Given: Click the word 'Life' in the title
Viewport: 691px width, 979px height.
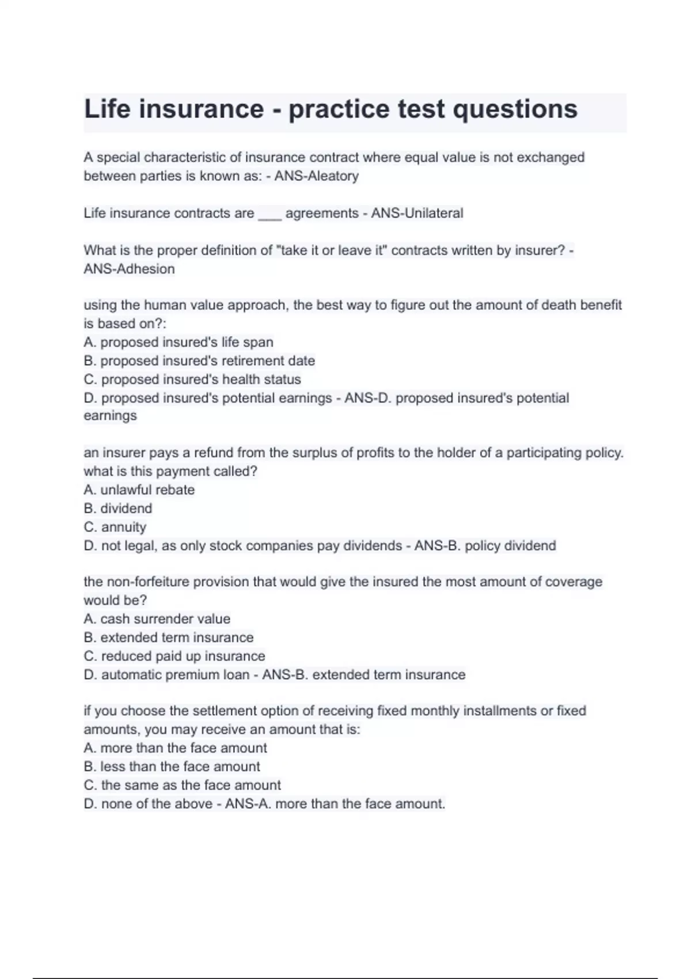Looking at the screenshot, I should pyautogui.click(x=107, y=109).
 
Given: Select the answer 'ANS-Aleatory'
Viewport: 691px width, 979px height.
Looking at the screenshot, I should pyautogui.click(x=316, y=176).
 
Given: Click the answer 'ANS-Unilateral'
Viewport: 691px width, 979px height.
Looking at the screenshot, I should pyautogui.click(x=417, y=213).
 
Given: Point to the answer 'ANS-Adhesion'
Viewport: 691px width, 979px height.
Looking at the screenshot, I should pyautogui.click(x=129, y=269).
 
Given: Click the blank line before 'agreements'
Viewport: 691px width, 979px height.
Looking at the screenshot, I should pyautogui.click(x=269, y=214).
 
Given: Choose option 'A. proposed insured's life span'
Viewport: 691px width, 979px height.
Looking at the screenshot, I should pyautogui.click(x=179, y=342).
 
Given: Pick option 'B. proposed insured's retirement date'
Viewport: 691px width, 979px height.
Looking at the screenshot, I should pyautogui.click(x=199, y=361).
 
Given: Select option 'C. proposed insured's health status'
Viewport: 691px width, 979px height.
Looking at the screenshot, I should pyautogui.click(x=192, y=380).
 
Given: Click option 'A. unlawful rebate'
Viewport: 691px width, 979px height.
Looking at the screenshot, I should pyautogui.click(x=139, y=490).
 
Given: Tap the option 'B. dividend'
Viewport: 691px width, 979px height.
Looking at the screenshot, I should pyautogui.click(x=118, y=509).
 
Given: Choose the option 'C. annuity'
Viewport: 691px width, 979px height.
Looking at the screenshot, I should pyautogui.click(x=115, y=527).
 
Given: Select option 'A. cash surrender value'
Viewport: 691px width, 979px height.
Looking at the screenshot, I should pyautogui.click(x=157, y=618).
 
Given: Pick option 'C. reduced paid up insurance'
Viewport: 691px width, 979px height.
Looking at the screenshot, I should pyautogui.click(x=174, y=656).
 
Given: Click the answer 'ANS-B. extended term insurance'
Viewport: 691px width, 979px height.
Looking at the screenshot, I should pyautogui.click(x=364, y=674).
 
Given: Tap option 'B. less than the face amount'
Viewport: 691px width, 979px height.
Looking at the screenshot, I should pyautogui.click(x=172, y=766).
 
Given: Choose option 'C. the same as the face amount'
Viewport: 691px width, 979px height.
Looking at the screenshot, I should pyautogui.click(x=182, y=785).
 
